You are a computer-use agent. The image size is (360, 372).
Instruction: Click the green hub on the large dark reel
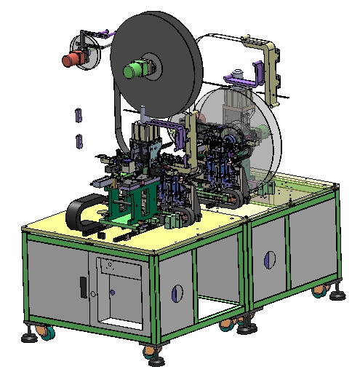[136, 70]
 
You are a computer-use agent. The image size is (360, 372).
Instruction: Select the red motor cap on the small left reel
[71, 60]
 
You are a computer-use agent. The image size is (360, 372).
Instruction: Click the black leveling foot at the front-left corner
[28, 337]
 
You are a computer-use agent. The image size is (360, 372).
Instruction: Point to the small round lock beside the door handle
[94, 293]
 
